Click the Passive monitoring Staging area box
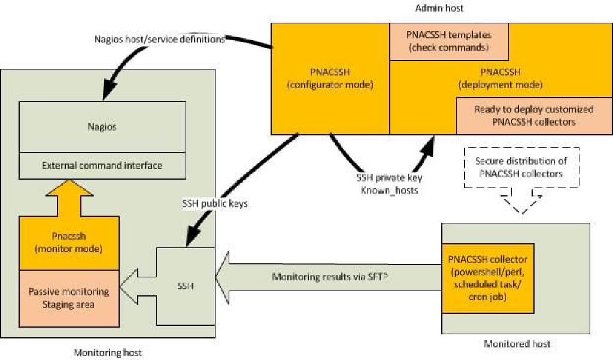point(69,297)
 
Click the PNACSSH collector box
point(487,278)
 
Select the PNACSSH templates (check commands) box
point(449,42)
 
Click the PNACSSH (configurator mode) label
point(330,78)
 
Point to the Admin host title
point(438,8)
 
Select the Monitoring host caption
point(108,353)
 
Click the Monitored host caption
point(517,344)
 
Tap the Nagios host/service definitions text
point(159,40)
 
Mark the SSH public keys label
point(215,203)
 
